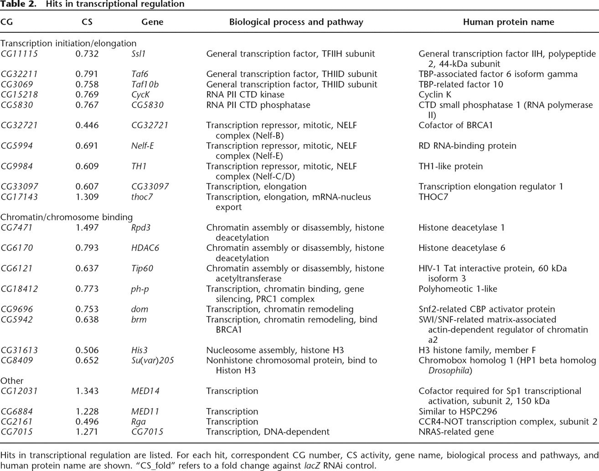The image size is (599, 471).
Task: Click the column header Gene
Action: point(152,22)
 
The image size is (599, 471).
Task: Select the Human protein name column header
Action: point(508,22)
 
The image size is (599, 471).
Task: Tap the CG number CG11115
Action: point(19,54)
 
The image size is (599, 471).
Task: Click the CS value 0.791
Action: point(87,74)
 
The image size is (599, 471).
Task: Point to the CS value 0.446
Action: point(87,125)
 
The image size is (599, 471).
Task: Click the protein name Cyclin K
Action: point(437,95)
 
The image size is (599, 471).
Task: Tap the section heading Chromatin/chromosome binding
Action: point(67,217)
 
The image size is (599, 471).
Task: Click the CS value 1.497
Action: point(87,228)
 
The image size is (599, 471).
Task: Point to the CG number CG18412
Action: point(19,289)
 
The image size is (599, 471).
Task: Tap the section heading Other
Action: point(12,381)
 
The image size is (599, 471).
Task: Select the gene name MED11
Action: point(145,412)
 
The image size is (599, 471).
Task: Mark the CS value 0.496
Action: point(87,422)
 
